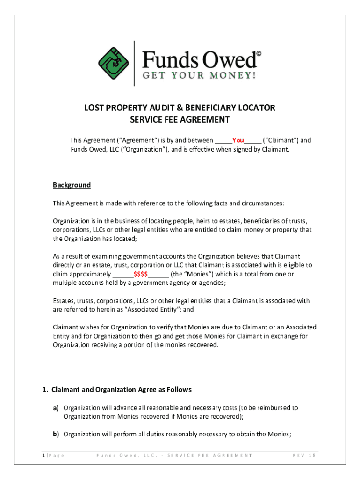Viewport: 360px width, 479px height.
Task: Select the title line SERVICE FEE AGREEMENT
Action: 180,120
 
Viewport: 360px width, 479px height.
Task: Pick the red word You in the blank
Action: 238,140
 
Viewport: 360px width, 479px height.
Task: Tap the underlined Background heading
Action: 72,185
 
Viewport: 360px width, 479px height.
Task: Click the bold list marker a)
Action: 56,408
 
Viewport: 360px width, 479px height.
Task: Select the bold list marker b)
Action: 56,434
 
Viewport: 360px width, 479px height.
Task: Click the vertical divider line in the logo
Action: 134,63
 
